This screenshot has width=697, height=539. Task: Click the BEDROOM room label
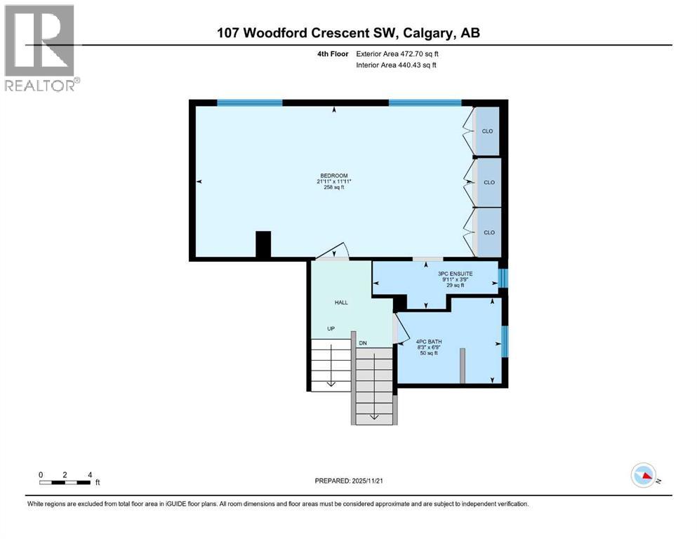[333, 175]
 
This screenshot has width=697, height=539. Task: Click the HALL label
[340, 302]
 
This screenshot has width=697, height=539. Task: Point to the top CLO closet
[487, 131]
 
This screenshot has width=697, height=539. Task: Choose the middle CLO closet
[489, 182]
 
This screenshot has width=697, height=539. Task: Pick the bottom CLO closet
[489, 232]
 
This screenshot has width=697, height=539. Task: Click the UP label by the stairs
[331, 328]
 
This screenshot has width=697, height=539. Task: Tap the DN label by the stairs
[363, 342]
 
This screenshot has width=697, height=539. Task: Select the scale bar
[65, 482]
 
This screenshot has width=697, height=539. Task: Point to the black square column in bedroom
[263, 245]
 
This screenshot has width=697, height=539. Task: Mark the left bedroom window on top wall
[249, 102]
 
